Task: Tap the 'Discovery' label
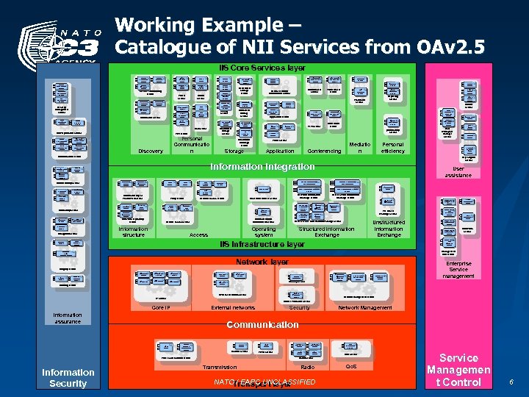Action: tap(151, 151)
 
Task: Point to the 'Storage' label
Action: tap(234, 151)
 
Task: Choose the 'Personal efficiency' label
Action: tap(393, 149)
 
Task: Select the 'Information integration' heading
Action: tap(262, 167)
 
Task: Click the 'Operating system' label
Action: tap(263, 232)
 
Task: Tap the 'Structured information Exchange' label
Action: tap(326, 232)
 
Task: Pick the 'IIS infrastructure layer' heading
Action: tap(262, 244)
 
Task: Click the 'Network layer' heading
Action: tap(262, 262)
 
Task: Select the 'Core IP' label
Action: tap(161, 307)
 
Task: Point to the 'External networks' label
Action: tap(232, 307)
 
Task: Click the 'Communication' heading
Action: tap(262, 324)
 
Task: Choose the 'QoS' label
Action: tap(350, 366)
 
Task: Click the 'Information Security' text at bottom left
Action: tap(68, 377)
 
